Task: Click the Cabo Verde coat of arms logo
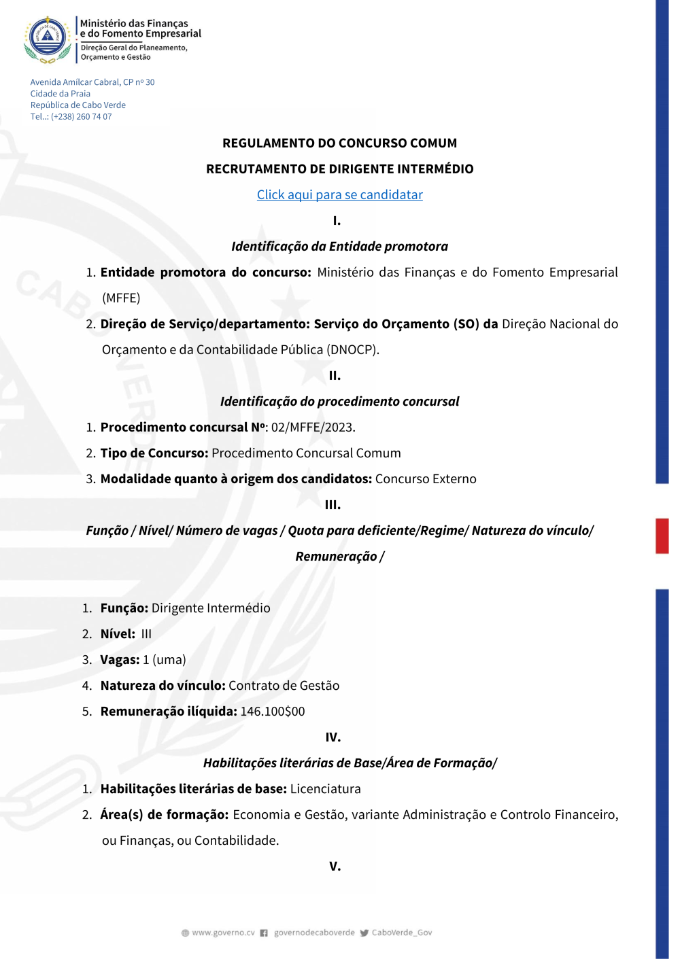click(x=48, y=39)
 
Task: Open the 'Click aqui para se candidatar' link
click(x=339, y=195)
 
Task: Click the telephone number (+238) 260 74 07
click(x=81, y=117)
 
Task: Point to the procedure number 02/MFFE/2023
click(x=313, y=427)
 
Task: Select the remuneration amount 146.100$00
click(x=273, y=712)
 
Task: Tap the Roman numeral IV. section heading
click(x=333, y=737)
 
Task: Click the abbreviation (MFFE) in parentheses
click(x=121, y=298)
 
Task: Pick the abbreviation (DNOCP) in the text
click(x=352, y=350)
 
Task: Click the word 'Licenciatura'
click(x=325, y=789)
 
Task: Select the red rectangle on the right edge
click(x=662, y=536)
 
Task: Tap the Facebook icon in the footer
click(x=264, y=933)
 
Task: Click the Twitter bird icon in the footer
click(x=364, y=933)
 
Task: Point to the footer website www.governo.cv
click(x=223, y=933)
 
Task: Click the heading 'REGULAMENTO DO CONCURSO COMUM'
click(x=339, y=143)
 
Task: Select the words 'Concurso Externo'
click(x=426, y=479)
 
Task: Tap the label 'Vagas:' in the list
click(x=120, y=660)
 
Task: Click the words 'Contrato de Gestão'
click(x=284, y=686)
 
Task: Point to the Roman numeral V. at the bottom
click(x=335, y=867)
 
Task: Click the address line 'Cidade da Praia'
click(x=60, y=94)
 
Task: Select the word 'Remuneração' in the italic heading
click(x=336, y=557)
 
